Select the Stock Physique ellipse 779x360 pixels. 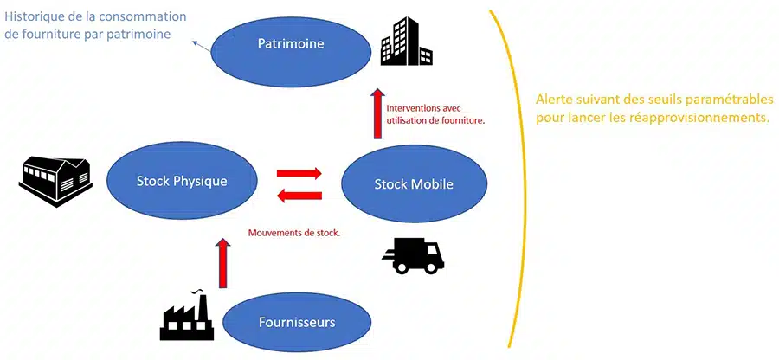point(182,181)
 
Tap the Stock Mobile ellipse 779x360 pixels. point(414,184)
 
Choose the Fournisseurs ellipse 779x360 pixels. point(297,322)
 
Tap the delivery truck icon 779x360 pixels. point(413,255)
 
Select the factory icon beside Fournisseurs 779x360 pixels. point(187,314)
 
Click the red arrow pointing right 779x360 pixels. point(299,173)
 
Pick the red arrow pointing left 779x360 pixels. point(299,196)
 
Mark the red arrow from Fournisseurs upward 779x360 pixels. point(223,263)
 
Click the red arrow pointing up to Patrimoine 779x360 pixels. point(378,113)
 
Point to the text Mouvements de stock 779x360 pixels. point(294,233)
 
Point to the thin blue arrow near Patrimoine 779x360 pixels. point(203,46)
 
